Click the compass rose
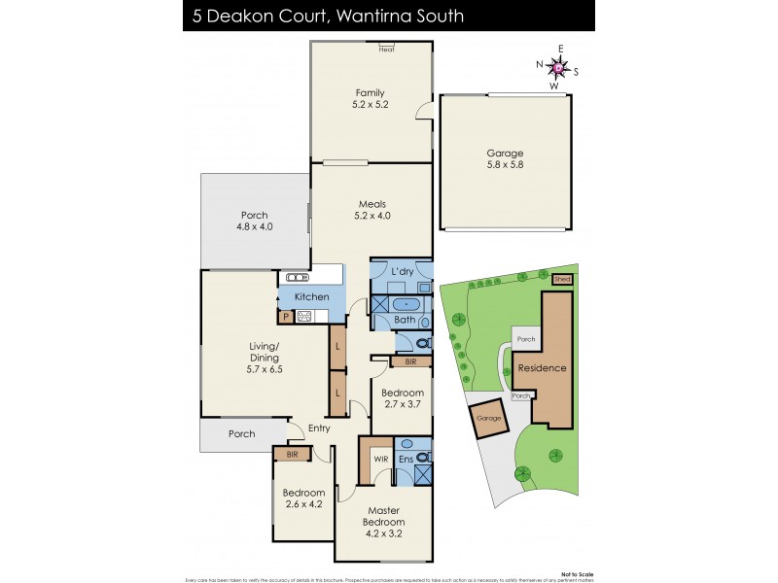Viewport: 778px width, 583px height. [x=557, y=68]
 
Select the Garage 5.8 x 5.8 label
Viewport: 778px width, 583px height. [x=505, y=159]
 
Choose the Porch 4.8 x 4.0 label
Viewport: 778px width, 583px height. [x=255, y=221]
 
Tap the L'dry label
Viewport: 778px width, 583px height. [x=403, y=272]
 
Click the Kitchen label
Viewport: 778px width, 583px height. [x=312, y=296]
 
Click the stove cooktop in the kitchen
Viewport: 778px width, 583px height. [x=303, y=316]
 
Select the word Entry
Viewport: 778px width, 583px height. [x=320, y=428]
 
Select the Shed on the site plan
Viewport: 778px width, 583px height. [x=562, y=279]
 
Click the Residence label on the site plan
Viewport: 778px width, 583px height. [x=543, y=368]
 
